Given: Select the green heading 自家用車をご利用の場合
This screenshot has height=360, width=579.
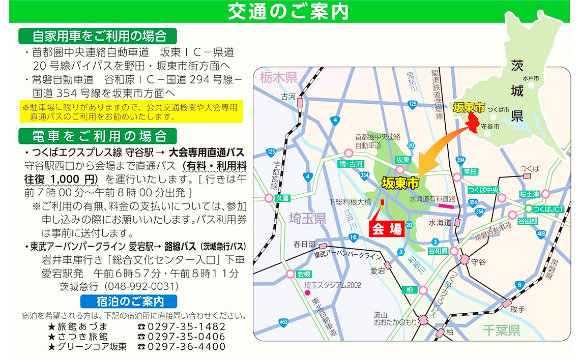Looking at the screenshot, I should point(98,36).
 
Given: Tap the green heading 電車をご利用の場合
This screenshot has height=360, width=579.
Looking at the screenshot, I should point(98,136).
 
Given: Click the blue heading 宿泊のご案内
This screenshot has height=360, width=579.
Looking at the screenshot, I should point(129,301).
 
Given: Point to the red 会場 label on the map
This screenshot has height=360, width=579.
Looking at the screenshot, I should point(385,229).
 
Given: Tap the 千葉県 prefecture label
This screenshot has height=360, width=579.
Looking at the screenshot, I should point(501,331).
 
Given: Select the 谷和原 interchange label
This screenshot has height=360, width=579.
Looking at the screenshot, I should point(438,251).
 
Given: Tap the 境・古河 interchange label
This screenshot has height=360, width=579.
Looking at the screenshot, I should point(352,164).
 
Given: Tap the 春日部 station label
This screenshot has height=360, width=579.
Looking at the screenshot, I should point(305,245).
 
